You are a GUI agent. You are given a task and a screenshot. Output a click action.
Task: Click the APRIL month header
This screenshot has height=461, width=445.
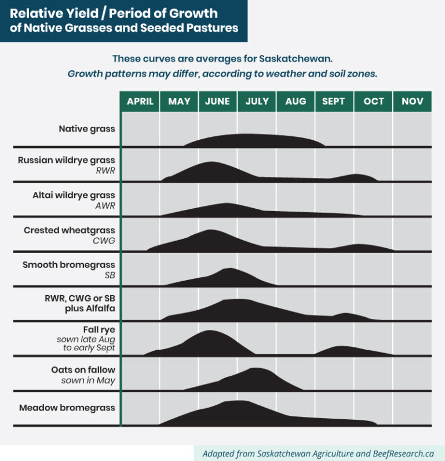pyautogui.click(x=140, y=101)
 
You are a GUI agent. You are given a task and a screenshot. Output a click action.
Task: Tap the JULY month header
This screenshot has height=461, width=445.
pyautogui.click(x=257, y=101)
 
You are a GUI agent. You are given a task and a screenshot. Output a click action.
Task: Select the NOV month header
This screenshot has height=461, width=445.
pyautogui.click(x=412, y=101)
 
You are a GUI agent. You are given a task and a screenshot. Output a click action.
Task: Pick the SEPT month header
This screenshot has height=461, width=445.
pyautogui.click(x=334, y=101)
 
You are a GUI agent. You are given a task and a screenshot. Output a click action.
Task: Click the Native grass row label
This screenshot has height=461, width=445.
pyautogui.click(x=86, y=129)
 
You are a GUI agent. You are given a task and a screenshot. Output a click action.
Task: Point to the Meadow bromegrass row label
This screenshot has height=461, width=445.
pyautogui.click(x=67, y=408)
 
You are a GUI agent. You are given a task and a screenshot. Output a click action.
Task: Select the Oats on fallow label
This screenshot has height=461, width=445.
pyautogui.click(x=83, y=369)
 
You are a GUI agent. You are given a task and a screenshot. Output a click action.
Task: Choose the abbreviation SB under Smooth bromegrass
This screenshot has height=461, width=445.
pyautogui.click(x=109, y=275)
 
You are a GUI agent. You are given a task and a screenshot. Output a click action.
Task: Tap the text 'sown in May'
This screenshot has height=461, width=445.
pyautogui.click(x=88, y=380)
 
